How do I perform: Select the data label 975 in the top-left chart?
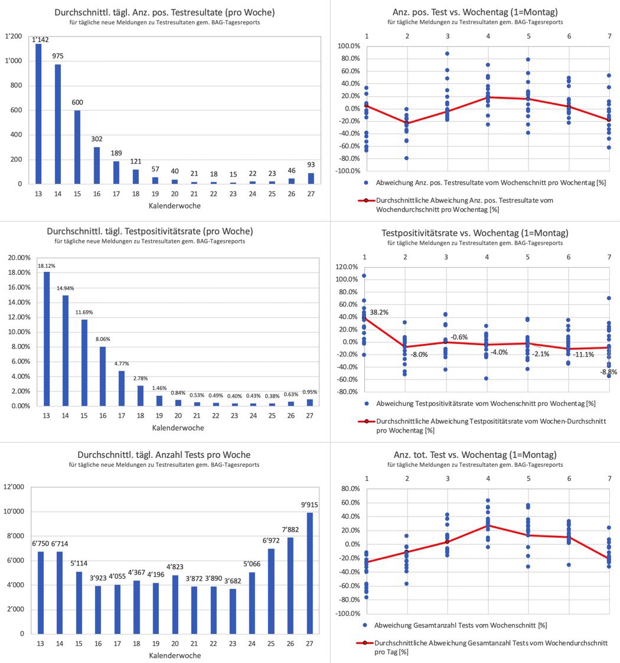coord(57,56)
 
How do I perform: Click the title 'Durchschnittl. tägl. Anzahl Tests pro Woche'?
coord(164,454)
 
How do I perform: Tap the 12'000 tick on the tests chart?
coord(15,487)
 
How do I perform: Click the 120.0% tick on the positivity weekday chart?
coord(347,267)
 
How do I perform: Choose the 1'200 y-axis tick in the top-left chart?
coord(14,37)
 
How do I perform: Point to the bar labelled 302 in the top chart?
coord(97,165)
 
